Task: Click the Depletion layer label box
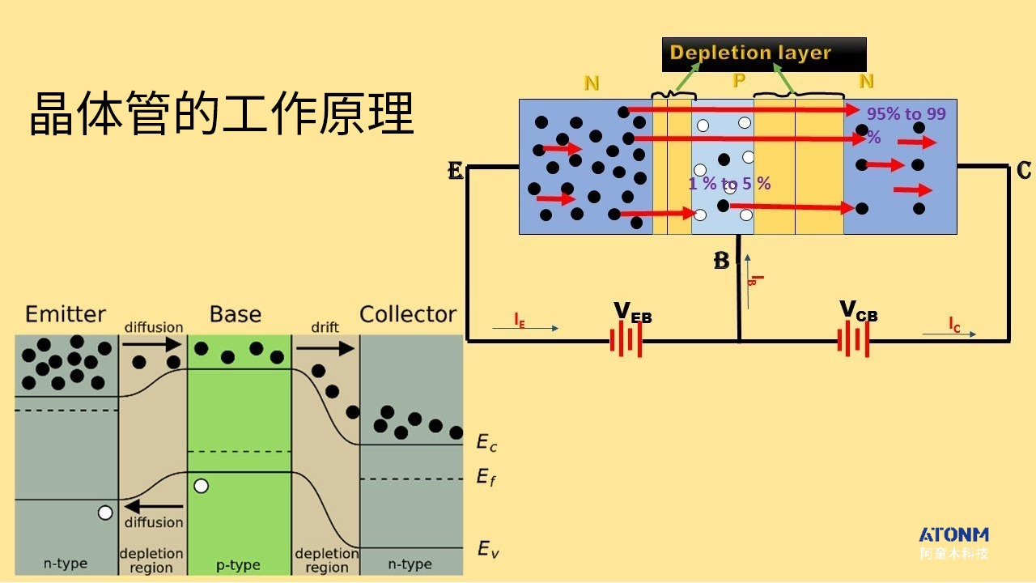click(x=764, y=54)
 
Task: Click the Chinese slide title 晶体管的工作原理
click(x=221, y=113)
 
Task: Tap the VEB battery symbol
click(x=626, y=341)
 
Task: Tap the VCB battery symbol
click(x=853, y=341)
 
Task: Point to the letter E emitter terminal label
click(x=456, y=171)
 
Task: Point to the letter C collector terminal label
click(x=1024, y=171)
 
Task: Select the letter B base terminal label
click(x=721, y=262)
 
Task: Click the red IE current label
click(x=520, y=320)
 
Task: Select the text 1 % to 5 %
click(x=729, y=184)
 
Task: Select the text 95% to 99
click(x=906, y=114)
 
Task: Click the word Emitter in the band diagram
click(x=66, y=314)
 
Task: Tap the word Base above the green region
click(x=236, y=314)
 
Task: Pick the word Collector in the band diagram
click(x=408, y=314)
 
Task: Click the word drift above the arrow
click(x=325, y=327)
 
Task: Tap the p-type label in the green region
click(x=238, y=564)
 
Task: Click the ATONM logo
click(x=953, y=535)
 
